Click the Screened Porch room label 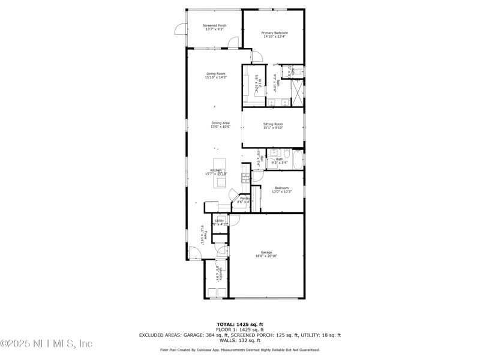click(214, 25)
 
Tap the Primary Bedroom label click(274, 32)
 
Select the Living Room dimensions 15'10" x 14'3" click(216, 77)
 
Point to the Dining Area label click(220, 123)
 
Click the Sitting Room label click(273, 124)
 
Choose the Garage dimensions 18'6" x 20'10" click(266, 256)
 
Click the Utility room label click(220, 221)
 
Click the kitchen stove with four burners click(245, 177)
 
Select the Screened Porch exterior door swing click(180, 29)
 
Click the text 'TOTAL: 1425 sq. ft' click(240, 324)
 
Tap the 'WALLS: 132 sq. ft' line click(240, 340)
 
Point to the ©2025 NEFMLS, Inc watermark click(46, 344)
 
